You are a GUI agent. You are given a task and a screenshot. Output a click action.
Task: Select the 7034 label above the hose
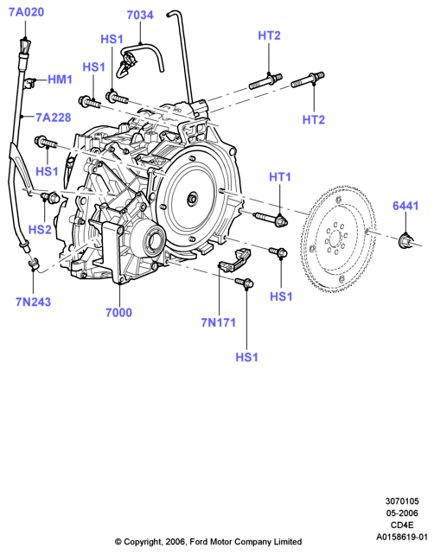click(140, 16)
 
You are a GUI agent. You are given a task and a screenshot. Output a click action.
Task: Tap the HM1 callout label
click(60, 80)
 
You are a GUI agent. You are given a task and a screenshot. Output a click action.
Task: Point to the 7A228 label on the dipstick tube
click(54, 118)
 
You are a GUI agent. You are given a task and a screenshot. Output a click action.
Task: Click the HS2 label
click(40, 229)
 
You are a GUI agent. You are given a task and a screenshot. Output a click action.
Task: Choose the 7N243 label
click(33, 302)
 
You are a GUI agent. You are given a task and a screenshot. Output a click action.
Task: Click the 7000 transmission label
click(118, 312)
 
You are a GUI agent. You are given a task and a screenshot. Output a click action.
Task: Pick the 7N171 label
click(219, 322)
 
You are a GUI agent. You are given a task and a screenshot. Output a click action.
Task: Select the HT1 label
click(280, 176)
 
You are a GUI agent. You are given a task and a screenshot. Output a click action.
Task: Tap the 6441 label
click(405, 206)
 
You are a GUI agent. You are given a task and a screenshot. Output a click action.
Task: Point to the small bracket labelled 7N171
click(234, 260)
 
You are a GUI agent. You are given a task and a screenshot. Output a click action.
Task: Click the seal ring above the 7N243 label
click(34, 264)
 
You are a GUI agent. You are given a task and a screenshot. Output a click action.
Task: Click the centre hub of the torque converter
click(193, 199)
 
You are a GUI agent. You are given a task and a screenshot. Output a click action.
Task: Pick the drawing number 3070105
click(402, 501)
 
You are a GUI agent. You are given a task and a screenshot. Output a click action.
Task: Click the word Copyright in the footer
click(143, 542)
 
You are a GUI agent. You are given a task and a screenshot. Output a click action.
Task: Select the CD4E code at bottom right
click(402, 525)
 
